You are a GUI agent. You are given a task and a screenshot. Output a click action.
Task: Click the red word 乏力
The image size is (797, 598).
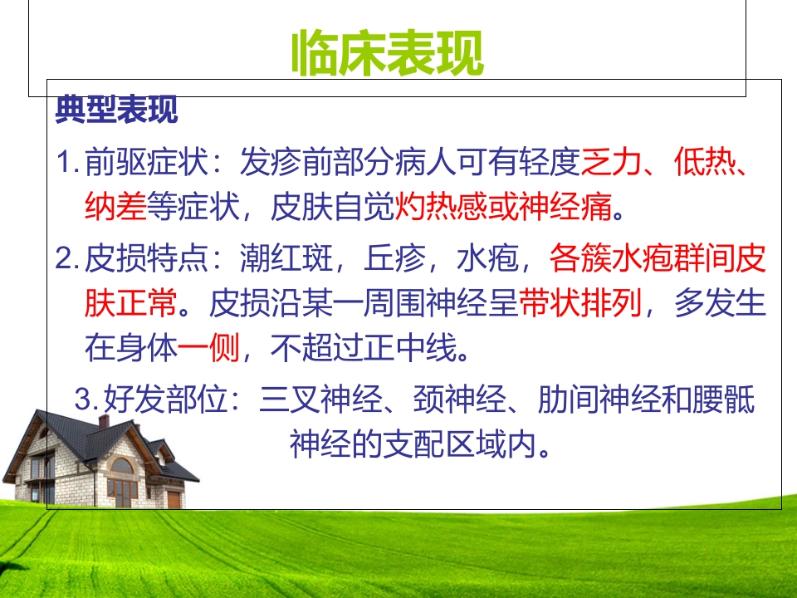pyautogui.click(x=612, y=162)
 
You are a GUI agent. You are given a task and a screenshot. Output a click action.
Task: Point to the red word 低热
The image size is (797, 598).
pyautogui.click(x=704, y=162)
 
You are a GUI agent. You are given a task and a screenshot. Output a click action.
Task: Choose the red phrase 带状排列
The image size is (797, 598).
pyautogui.click(x=580, y=304)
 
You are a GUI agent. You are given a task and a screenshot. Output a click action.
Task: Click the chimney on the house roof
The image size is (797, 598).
pyautogui.click(x=104, y=421)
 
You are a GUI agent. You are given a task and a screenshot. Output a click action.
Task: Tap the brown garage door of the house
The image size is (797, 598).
pyautogui.click(x=173, y=498)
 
